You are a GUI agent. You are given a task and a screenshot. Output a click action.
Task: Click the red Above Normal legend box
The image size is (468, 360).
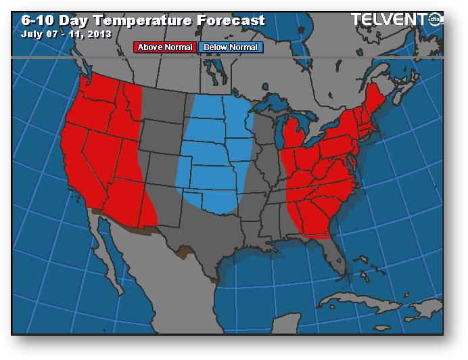coord(166,47)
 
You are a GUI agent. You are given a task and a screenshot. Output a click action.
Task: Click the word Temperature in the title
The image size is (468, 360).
coord(145,20)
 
